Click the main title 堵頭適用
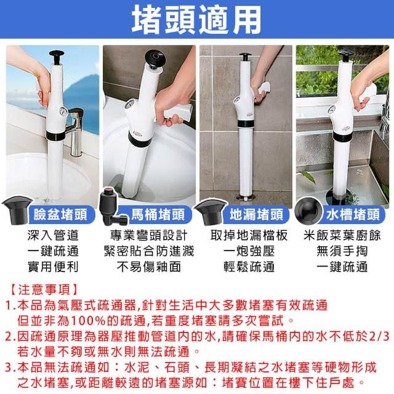[196, 20]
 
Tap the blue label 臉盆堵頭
[60, 215]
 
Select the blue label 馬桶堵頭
[158, 215]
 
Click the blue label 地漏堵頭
[256, 215]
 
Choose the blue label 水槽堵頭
[353, 215]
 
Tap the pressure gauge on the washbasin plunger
[62, 111]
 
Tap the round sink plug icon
[308, 211]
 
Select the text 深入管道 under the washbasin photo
[53, 235]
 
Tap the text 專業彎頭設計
[149, 235]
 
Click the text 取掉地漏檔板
[249, 235]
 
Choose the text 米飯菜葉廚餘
[342, 235]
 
